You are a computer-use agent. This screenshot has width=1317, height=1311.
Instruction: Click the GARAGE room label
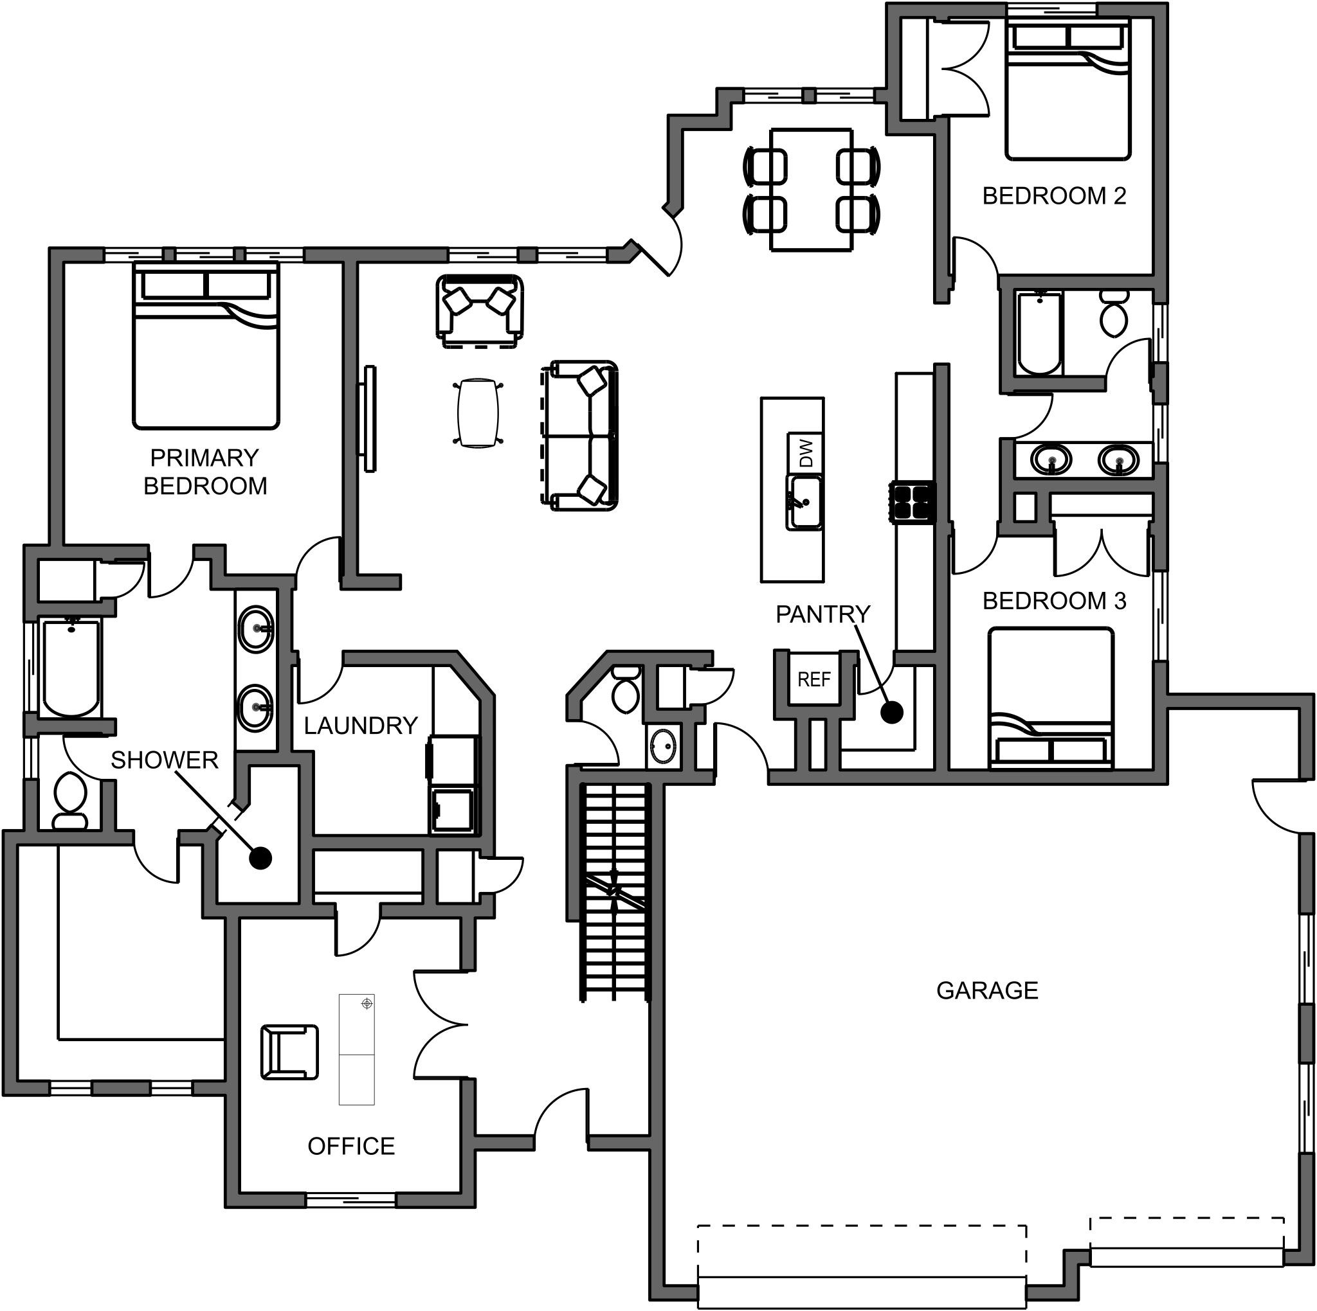point(986,991)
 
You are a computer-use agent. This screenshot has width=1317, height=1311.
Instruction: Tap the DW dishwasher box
point(806,452)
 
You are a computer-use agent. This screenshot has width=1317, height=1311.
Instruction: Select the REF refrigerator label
point(814,679)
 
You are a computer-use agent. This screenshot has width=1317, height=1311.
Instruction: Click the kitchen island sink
point(805,503)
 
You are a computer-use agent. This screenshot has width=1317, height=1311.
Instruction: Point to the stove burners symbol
point(912,502)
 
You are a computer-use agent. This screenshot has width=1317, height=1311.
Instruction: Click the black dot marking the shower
point(260,859)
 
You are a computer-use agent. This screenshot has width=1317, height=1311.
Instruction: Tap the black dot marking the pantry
point(892,713)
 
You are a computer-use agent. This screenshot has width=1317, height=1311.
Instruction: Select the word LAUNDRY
point(361,726)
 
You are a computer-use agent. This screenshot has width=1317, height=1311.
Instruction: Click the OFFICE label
point(351,1146)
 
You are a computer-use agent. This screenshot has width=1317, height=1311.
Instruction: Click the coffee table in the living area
point(477,412)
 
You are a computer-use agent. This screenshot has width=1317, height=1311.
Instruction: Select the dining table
point(811,190)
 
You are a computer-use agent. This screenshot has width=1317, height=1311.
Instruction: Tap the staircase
point(615,893)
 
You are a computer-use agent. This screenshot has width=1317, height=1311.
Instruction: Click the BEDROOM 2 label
point(1053,196)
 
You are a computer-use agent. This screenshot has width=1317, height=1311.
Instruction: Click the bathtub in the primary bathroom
point(71,668)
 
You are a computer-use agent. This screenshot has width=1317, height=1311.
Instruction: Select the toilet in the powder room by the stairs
point(625,690)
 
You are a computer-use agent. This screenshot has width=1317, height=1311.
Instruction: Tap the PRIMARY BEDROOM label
point(204,472)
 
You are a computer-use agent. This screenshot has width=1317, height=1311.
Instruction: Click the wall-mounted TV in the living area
point(368,418)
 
